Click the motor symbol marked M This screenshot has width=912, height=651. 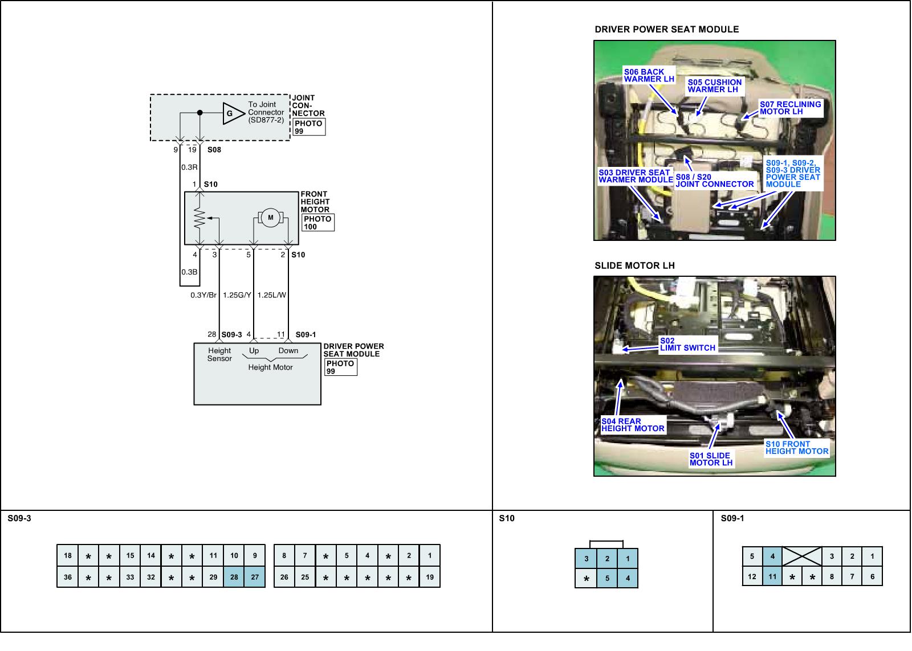(x=271, y=217)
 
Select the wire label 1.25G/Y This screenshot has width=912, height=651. (x=237, y=295)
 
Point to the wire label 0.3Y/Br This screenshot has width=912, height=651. (x=203, y=295)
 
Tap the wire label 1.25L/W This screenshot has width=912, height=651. (x=271, y=295)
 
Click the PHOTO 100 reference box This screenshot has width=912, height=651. (x=318, y=223)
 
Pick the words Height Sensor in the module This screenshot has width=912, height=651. (x=219, y=355)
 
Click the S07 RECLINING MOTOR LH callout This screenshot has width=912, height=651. (x=790, y=108)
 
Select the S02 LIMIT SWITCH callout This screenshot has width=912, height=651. (x=687, y=345)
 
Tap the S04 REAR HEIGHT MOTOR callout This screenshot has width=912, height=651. (x=633, y=425)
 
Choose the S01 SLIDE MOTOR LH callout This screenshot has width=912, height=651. (x=711, y=459)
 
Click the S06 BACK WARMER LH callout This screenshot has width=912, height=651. (x=649, y=75)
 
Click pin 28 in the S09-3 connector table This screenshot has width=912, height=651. (x=234, y=577)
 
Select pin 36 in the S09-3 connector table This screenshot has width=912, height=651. (x=68, y=577)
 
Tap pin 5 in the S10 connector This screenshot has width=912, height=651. (x=607, y=578)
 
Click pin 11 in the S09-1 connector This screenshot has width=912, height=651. (x=772, y=576)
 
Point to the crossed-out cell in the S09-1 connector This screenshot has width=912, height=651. (x=802, y=556)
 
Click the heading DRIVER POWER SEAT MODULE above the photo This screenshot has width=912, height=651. (x=666, y=30)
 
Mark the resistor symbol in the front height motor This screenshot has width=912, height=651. (x=199, y=217)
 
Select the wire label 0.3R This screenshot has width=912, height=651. (x=189, y=167)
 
